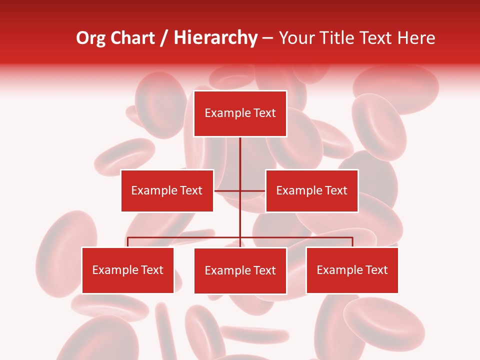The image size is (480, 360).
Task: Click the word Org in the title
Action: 91,38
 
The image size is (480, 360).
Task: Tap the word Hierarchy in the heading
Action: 215,38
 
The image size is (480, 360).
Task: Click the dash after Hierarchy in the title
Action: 267,38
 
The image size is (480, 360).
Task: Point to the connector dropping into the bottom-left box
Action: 128,242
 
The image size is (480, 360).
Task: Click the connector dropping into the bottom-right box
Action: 352,242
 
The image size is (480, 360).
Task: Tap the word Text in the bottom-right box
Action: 376,270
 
